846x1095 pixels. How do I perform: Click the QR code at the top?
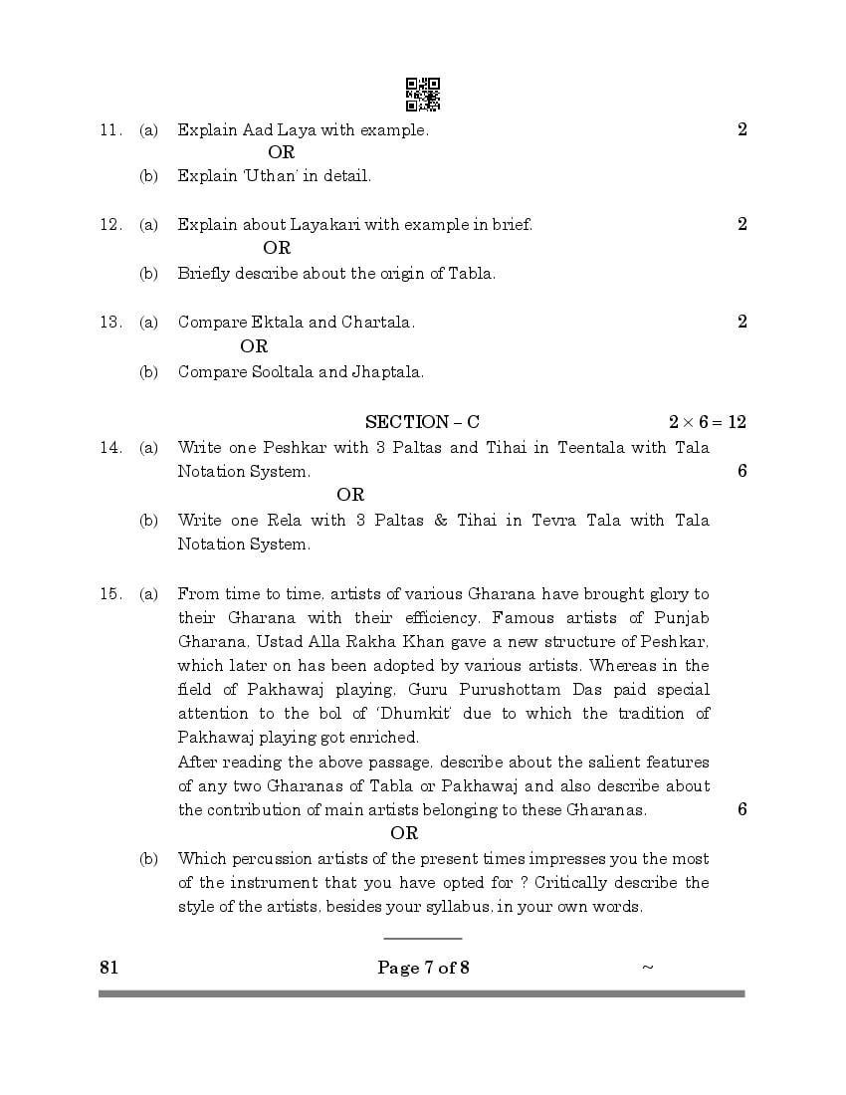[423, 95]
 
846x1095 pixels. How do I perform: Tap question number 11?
[109, 129]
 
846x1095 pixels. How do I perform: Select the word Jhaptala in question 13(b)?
[386, 372]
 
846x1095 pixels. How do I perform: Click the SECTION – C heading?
[422, 422]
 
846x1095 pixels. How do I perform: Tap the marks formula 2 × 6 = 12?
[707, 422]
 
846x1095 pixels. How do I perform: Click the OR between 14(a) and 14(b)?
[350, 495]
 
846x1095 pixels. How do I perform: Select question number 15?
[109, 594]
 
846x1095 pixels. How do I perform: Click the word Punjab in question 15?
[683, 618]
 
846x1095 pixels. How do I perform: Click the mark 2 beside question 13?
[741, 322]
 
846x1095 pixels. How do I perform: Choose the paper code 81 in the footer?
[108, 967]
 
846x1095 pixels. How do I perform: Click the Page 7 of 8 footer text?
[423, 967]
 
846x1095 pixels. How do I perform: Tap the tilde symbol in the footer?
[648, 967]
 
